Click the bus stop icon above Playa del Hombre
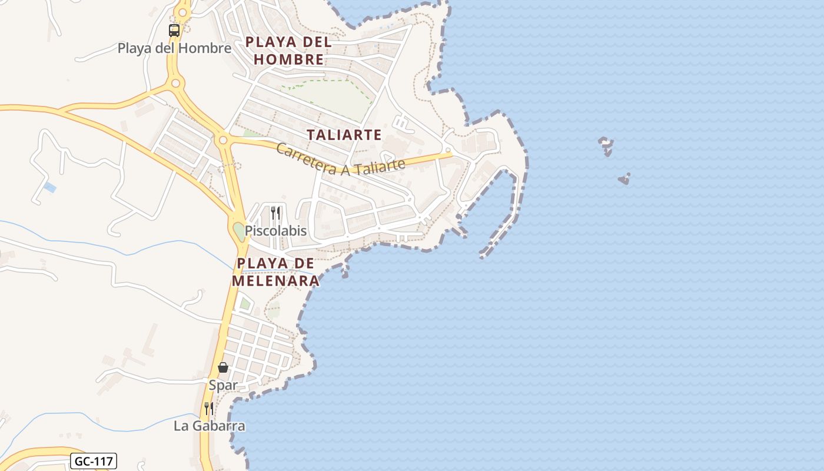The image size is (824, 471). (174, 30)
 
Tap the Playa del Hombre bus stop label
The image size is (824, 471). (174, 48)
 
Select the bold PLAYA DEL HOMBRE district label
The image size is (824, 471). (288, 51)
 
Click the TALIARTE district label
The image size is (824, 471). (344, 135)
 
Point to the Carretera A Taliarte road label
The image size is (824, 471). (341, 159)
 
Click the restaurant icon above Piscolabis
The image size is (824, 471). (275, 213)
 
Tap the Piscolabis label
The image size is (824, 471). (275, 231)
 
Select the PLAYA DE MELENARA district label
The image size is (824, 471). (275, 272)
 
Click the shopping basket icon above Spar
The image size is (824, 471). (223, 367)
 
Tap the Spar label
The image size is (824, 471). (223, 385)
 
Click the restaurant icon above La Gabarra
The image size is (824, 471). (209, 408)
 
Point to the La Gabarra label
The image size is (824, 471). (209, 426)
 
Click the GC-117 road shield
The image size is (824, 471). (94, 460)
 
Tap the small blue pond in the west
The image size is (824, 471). (50, 188)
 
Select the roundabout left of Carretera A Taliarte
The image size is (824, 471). (222, 140)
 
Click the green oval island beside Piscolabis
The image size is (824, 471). (238, 231)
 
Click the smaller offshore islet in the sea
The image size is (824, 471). (624, 179)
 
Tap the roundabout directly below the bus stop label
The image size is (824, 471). (175, 84)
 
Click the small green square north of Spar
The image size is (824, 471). (245, 304)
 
